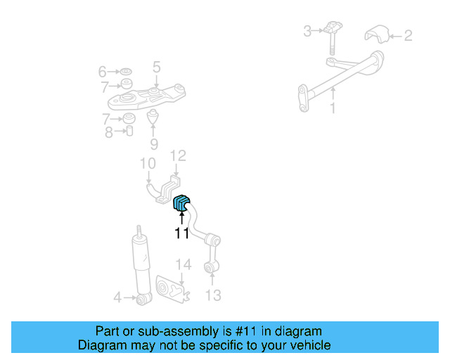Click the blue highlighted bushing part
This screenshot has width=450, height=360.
point(181,202)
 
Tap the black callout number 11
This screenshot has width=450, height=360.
point(181,233)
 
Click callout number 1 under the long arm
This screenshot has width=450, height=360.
point(333,108)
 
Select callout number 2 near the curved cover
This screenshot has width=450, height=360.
point(408,36)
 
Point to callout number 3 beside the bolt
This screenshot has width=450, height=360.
point(307,31)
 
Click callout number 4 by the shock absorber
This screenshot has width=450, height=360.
point(117,297)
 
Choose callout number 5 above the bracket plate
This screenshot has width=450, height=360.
point(156,67)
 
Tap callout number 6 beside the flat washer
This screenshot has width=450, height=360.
point(103,72)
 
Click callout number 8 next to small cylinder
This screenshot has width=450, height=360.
point(109,132)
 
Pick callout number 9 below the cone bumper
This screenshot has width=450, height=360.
point(154,144)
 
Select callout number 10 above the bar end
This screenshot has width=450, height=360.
point(148,163)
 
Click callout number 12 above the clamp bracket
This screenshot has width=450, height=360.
point(178,156)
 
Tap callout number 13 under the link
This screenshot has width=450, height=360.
point(213,295)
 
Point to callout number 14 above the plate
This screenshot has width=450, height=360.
point(184,264)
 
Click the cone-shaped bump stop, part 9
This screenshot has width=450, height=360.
point(153,116)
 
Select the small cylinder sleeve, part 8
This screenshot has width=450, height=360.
point(129,131)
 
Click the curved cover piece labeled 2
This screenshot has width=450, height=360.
point(377,34)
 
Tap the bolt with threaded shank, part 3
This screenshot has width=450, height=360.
point(332,37)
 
